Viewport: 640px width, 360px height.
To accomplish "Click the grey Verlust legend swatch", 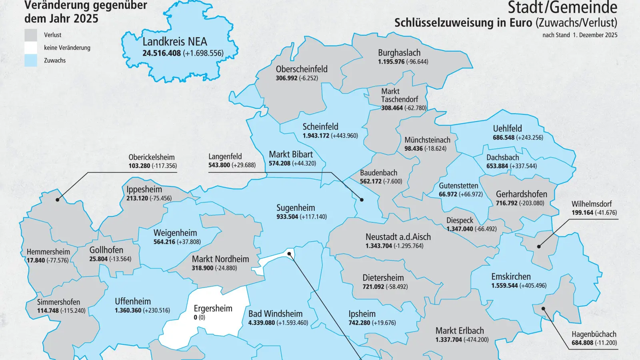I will [31, 35].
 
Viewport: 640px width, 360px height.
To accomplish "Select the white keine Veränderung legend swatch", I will [31, 48].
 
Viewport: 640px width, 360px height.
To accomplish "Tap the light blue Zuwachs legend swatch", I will [31, 60].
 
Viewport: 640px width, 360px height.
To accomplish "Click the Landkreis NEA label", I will [175, 42].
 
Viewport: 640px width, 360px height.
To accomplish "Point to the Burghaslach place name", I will [399, 53].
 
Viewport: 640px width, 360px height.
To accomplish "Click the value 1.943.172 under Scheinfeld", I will [316, 136].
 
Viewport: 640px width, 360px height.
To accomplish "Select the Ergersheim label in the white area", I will [213, 308].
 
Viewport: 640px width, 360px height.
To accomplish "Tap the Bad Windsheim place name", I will [275, 314].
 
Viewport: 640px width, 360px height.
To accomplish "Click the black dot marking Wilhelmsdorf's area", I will [539, 246].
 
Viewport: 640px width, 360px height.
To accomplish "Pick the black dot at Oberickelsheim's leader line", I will [58, 199].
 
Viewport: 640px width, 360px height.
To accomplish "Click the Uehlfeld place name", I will [507, 128].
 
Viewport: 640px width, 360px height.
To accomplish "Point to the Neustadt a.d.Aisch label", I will [398, 237].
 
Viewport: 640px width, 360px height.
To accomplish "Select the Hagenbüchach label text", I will [594, 334].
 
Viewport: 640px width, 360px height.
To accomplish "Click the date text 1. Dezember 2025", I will [595, 35].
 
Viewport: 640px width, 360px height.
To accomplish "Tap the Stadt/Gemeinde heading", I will [562, 8].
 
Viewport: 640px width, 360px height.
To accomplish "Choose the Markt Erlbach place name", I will [460, 331].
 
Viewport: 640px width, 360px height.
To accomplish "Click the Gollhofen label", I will [106, 250].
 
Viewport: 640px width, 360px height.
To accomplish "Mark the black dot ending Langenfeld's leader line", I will [362, 199].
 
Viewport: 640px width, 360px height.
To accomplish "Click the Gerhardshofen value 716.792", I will [506, 203].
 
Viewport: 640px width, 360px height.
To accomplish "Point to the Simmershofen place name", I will [58, 302].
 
